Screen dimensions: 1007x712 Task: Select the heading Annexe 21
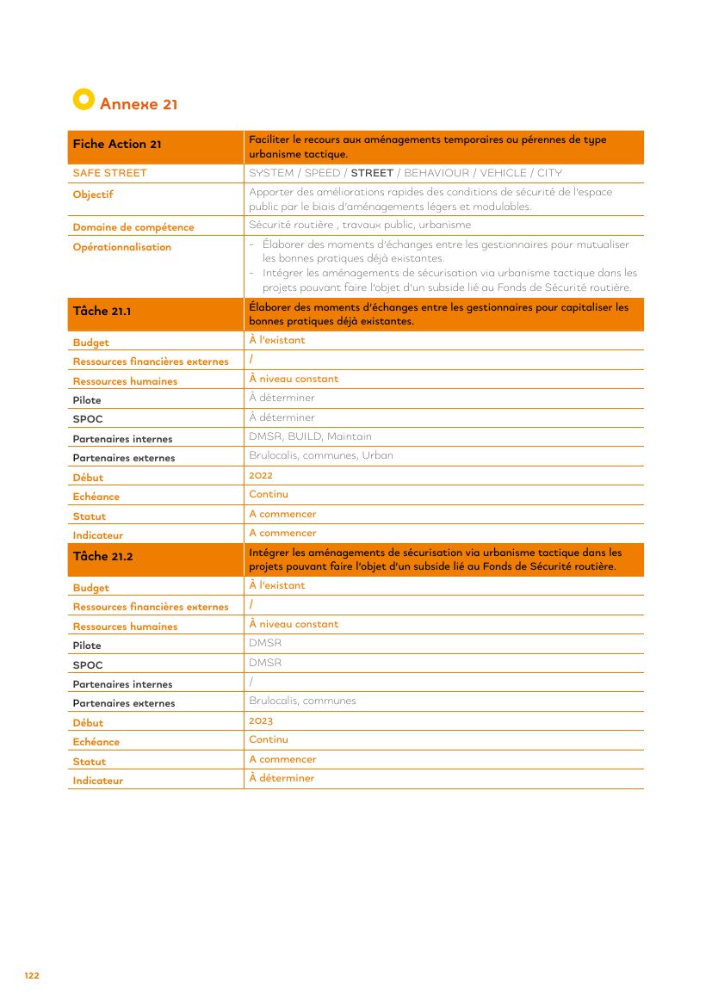point(139,104)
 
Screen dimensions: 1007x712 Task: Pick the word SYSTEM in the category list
point(271,173)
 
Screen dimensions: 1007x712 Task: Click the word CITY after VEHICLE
point(549,173)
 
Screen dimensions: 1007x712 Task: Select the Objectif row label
point(93,195)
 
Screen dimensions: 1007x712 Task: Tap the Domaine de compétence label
point(133,227)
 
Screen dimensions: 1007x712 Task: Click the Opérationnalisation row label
point(122,247)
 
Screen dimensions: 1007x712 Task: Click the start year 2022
point(261,475)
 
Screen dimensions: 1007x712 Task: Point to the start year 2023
point(261,720)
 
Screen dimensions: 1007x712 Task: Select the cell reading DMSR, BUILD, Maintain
point(311,436)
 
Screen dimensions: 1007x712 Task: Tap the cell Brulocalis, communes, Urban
point(321,455)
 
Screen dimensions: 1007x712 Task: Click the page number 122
point(32,975)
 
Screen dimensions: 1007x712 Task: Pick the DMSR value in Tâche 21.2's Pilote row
point(265,643)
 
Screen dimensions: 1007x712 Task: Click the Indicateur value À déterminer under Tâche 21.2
point(282,778)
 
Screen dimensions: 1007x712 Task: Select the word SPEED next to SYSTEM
point(322,173)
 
